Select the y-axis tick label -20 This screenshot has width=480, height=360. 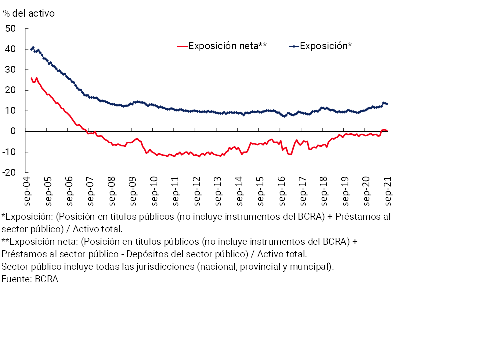tap(9, 172)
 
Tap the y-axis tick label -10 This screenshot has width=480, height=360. tap(9, 152)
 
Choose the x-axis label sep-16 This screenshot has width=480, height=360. tap(280, 192)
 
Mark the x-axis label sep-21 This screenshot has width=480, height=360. tap(386, 192)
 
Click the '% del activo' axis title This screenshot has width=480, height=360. tap(29, 13)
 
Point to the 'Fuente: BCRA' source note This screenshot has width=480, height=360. tap(30, 279)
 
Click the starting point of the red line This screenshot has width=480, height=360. tap(31, 77)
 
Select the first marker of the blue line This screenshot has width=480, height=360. tap(31, 49)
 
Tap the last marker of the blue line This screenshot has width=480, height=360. tap(387, 104)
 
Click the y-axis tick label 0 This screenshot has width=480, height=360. tap(13, 131)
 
